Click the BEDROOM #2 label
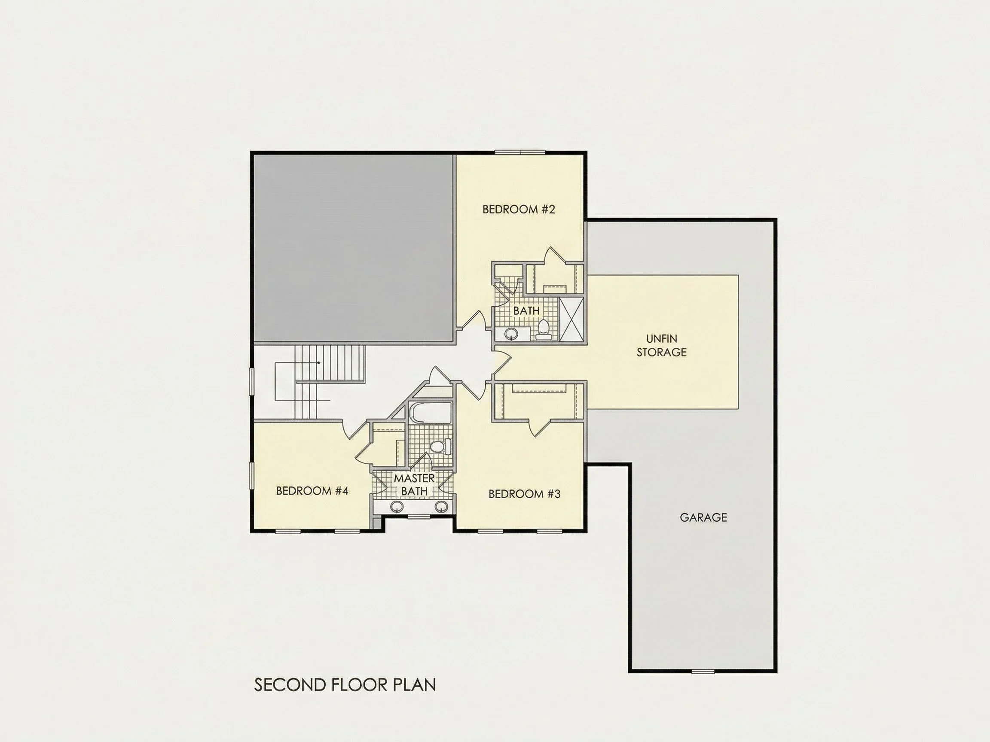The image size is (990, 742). (518, 209)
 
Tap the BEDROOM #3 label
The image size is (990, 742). (524, 494)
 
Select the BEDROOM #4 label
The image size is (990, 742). (312, 491)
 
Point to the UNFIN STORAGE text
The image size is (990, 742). (661, 345)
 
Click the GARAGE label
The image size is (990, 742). (703, 517)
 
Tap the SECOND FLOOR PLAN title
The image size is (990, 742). (345, 685)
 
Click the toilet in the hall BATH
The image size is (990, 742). (543, 330)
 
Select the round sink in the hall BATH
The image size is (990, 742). (511, 333)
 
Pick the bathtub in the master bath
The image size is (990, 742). (430, 412)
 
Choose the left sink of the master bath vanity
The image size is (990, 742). (397, 507)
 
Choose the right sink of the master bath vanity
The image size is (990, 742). (442, 507)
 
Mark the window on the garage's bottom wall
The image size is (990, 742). (703, 671)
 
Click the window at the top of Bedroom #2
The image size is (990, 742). (520, 152)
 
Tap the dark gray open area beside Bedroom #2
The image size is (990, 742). (354, 249)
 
